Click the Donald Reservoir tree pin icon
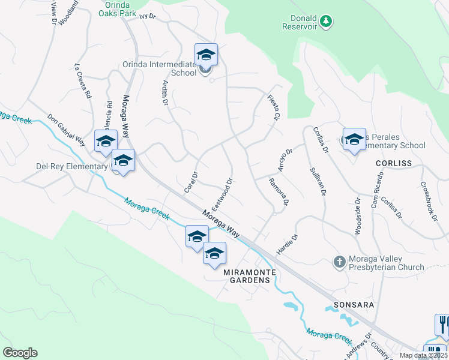click(x=326, y=22)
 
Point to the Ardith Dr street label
click(x=164, y=94)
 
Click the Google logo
click(x=20, y=353)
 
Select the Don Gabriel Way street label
click(x=66, y=128)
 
